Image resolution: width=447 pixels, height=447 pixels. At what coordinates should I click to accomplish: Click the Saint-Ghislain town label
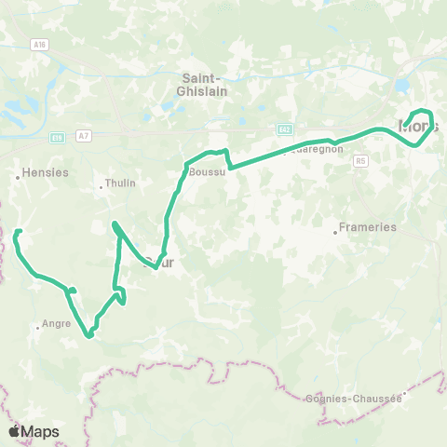pos(199,85)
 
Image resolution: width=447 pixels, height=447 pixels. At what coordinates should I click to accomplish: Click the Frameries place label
pos(369,226)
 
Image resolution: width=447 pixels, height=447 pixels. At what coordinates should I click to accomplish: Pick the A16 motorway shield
pos(38,44)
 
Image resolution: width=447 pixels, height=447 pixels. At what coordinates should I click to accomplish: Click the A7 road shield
pos(85,136)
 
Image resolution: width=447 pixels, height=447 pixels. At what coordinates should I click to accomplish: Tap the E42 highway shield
pos(284,129)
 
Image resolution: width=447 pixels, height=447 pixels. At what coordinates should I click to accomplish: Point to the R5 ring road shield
pos(360,160)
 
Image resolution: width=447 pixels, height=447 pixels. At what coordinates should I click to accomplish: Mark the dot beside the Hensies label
pos(18,174)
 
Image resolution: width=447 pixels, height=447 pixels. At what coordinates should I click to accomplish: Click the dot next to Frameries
pos(335,230)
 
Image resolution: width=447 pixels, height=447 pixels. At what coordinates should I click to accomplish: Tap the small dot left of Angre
pos(37,327)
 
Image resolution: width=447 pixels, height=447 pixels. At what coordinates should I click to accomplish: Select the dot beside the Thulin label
pos(102,187)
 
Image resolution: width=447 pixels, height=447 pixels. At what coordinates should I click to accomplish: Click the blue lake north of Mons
pos(401,86)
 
